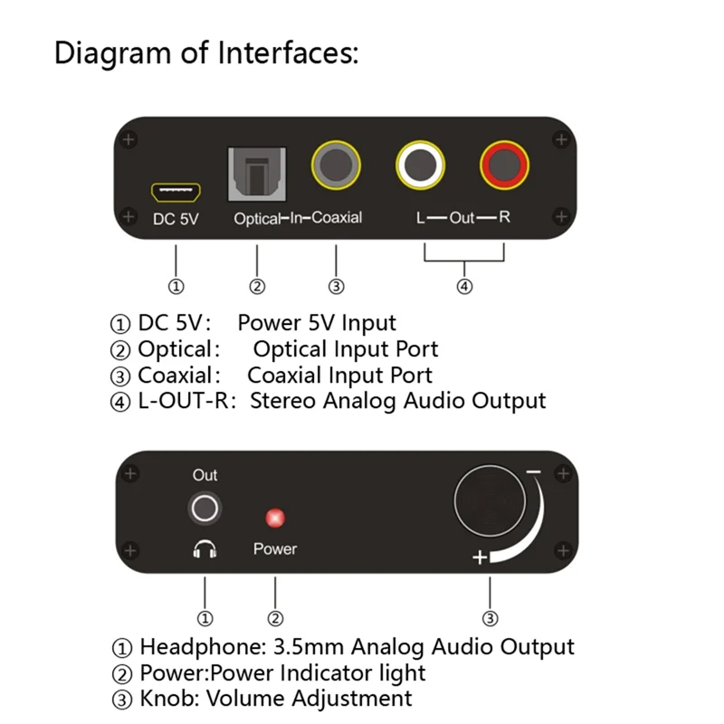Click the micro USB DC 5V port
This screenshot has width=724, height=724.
point(176,192)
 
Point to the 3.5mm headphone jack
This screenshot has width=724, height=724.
point(205,509)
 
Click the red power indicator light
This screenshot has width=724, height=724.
point(274,519)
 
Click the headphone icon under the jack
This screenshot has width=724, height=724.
point(205,548)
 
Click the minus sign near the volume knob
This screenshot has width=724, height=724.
point(533,472)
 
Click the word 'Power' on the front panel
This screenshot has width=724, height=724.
point(274,549)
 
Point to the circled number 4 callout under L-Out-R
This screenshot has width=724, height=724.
point(463,287)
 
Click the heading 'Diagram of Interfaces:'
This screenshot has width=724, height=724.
point(206,52)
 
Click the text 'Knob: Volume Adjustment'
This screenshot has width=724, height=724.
point(276,699)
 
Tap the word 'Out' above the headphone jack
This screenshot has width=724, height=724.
point(205,475)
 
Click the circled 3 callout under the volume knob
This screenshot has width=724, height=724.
point(490,619)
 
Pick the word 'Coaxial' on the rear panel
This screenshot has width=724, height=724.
point(337,218)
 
